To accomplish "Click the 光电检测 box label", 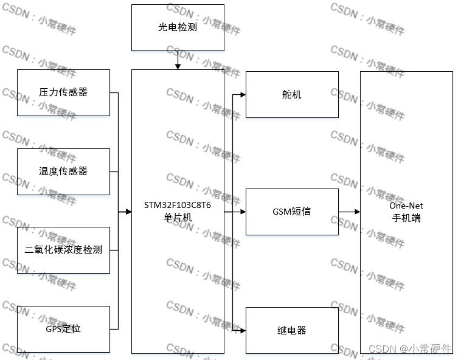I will [178, 28].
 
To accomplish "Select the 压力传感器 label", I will [63, 92].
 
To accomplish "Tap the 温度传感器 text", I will [63, 171].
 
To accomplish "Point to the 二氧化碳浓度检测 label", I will [63, 250].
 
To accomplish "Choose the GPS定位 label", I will [63, 329].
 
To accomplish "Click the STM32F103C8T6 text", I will [178, 205].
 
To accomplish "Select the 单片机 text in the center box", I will [178, 218].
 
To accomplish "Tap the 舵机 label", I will [292, 94].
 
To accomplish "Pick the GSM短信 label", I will [292, 212].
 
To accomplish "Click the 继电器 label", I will [292, 330].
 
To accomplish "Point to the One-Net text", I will [406, 206].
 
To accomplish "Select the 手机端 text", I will [406, 218].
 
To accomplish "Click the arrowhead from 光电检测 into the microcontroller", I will [178, 66].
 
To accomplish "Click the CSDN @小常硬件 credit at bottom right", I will [411, 349].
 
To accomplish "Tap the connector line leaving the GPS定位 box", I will [114, 329].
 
